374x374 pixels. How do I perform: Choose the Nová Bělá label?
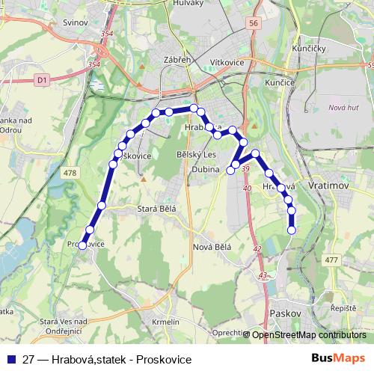click(x=212, y=246)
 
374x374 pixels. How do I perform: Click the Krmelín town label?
click(x=165, y=321)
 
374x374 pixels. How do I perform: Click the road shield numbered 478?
click(x=70, y=173)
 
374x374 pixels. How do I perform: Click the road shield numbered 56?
click(x=254, y=24)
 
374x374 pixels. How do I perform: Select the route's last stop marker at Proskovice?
click(x=82, y=244)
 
